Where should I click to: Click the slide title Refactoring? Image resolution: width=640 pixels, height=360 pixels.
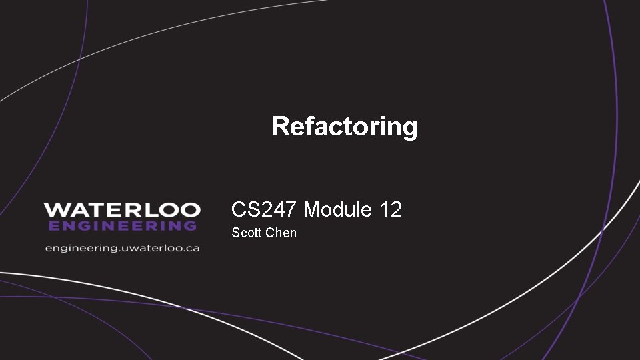click(345, 126)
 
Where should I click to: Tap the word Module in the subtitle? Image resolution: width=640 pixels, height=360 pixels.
click(337, 210)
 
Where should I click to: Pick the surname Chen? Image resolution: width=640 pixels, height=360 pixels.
click(281, 233)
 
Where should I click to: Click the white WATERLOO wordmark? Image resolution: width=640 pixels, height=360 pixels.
click(122, 210)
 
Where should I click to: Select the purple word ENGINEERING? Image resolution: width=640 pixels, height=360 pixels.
click(122, 225)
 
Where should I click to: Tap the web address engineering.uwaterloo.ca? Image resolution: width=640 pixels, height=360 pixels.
click(122, 248)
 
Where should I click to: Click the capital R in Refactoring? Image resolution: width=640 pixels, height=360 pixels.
click(281, 126)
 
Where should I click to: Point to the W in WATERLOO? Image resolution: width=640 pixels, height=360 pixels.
click(55, 210)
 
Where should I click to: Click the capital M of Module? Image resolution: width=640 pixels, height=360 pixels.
click(311, 210)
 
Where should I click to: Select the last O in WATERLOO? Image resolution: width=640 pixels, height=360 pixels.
click(190, 210)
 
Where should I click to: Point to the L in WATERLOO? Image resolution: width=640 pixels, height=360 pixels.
click(141, 210)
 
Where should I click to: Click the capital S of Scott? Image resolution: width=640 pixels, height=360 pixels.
click(235, 233)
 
